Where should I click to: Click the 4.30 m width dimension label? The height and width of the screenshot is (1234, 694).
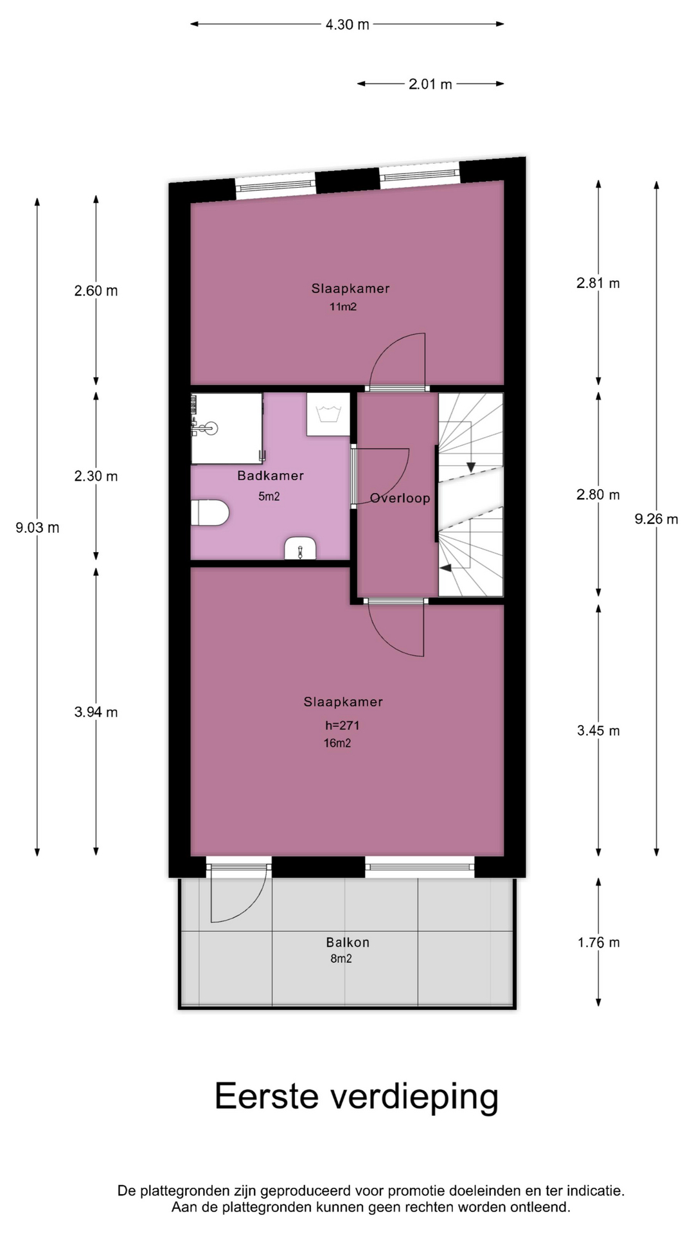[347, 24]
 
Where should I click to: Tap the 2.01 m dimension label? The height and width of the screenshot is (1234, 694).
[430, 84]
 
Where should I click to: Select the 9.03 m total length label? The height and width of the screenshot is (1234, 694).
[37, 528]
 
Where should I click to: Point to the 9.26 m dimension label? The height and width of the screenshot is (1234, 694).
[656, 519]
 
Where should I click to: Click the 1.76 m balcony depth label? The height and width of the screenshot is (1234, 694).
[598, 942]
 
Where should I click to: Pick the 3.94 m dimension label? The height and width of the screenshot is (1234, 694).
[96, 711]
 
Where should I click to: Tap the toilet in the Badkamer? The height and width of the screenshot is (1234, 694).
[210, 513]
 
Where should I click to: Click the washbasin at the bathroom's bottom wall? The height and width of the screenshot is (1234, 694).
[300, 548]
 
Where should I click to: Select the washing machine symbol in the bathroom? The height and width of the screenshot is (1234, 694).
[328, 414]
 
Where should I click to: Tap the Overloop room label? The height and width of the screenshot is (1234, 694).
[400, 498]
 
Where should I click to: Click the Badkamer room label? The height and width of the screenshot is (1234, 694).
[270, 476]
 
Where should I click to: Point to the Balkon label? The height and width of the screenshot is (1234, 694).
[348, 942]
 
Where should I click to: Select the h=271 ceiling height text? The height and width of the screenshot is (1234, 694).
[342, 725]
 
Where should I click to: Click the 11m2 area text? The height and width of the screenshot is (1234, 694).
[343, 307]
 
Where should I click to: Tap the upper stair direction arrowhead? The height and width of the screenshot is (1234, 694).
[471, 467]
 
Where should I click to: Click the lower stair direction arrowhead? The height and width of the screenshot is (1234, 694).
[445, 568]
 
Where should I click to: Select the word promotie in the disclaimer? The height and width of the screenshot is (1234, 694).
[413, 1190]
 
